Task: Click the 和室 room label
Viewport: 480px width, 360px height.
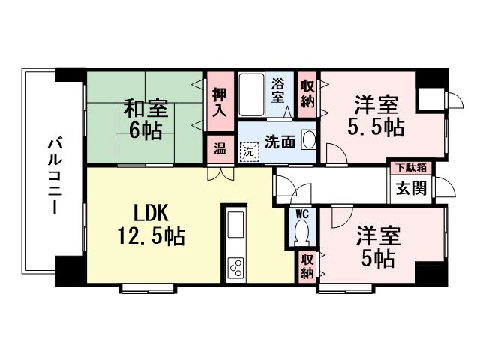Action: point(145,108)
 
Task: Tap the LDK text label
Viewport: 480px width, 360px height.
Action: point(151,213)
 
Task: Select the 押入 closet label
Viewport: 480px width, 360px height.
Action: point(220,102)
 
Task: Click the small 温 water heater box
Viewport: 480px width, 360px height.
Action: point(220,148)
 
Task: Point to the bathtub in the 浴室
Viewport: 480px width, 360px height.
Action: point(252,94)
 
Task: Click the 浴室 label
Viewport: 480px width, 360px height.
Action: point(278,90)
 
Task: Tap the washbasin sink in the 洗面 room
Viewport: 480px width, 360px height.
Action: point(308,140)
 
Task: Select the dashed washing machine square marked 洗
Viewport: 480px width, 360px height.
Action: point(249,151)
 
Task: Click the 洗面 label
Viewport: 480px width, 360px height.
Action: point(280,142)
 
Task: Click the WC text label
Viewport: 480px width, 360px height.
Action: point(301,214)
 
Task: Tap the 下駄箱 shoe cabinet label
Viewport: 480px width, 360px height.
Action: point(412,167)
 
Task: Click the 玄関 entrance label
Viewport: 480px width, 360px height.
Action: point(412,188)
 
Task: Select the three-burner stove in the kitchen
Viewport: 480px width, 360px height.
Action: point(236,267)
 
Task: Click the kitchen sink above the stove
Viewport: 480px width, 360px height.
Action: point(235,225)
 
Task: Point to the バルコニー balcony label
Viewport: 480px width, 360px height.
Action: point(55,176)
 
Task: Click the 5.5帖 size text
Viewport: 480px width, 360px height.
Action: point(376,127)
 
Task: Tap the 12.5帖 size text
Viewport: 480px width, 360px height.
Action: point(151,236)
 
